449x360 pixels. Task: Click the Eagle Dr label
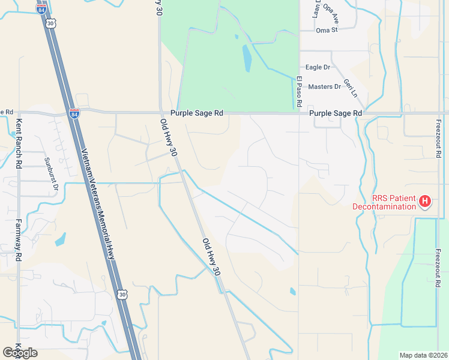tap(318, 68)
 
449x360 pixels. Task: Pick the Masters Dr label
tap(324, 86)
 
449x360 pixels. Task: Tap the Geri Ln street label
tap(350, 88)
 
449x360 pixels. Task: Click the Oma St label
tap(327, 29)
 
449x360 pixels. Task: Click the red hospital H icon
tap(425, 201)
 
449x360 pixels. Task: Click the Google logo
tap(20, 353)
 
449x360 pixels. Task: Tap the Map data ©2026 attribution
tap(423, 355)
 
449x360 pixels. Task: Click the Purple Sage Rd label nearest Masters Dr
tap(336, 113)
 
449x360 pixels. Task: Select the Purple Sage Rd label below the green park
tap(196, 113)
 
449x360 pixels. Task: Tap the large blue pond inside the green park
tap(247, 58)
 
